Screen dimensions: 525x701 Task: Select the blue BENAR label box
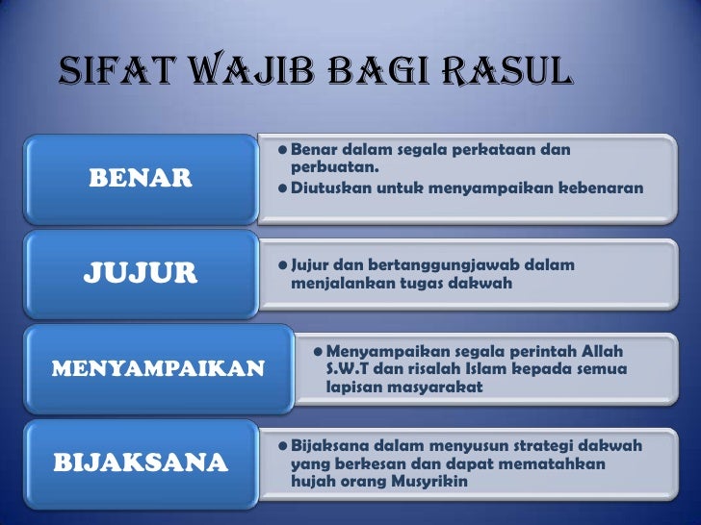click(x=140, y=178)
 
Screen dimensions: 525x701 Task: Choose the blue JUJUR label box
click(x=140, y=272)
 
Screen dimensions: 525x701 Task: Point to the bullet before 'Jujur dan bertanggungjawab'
click(x=279, y=265)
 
